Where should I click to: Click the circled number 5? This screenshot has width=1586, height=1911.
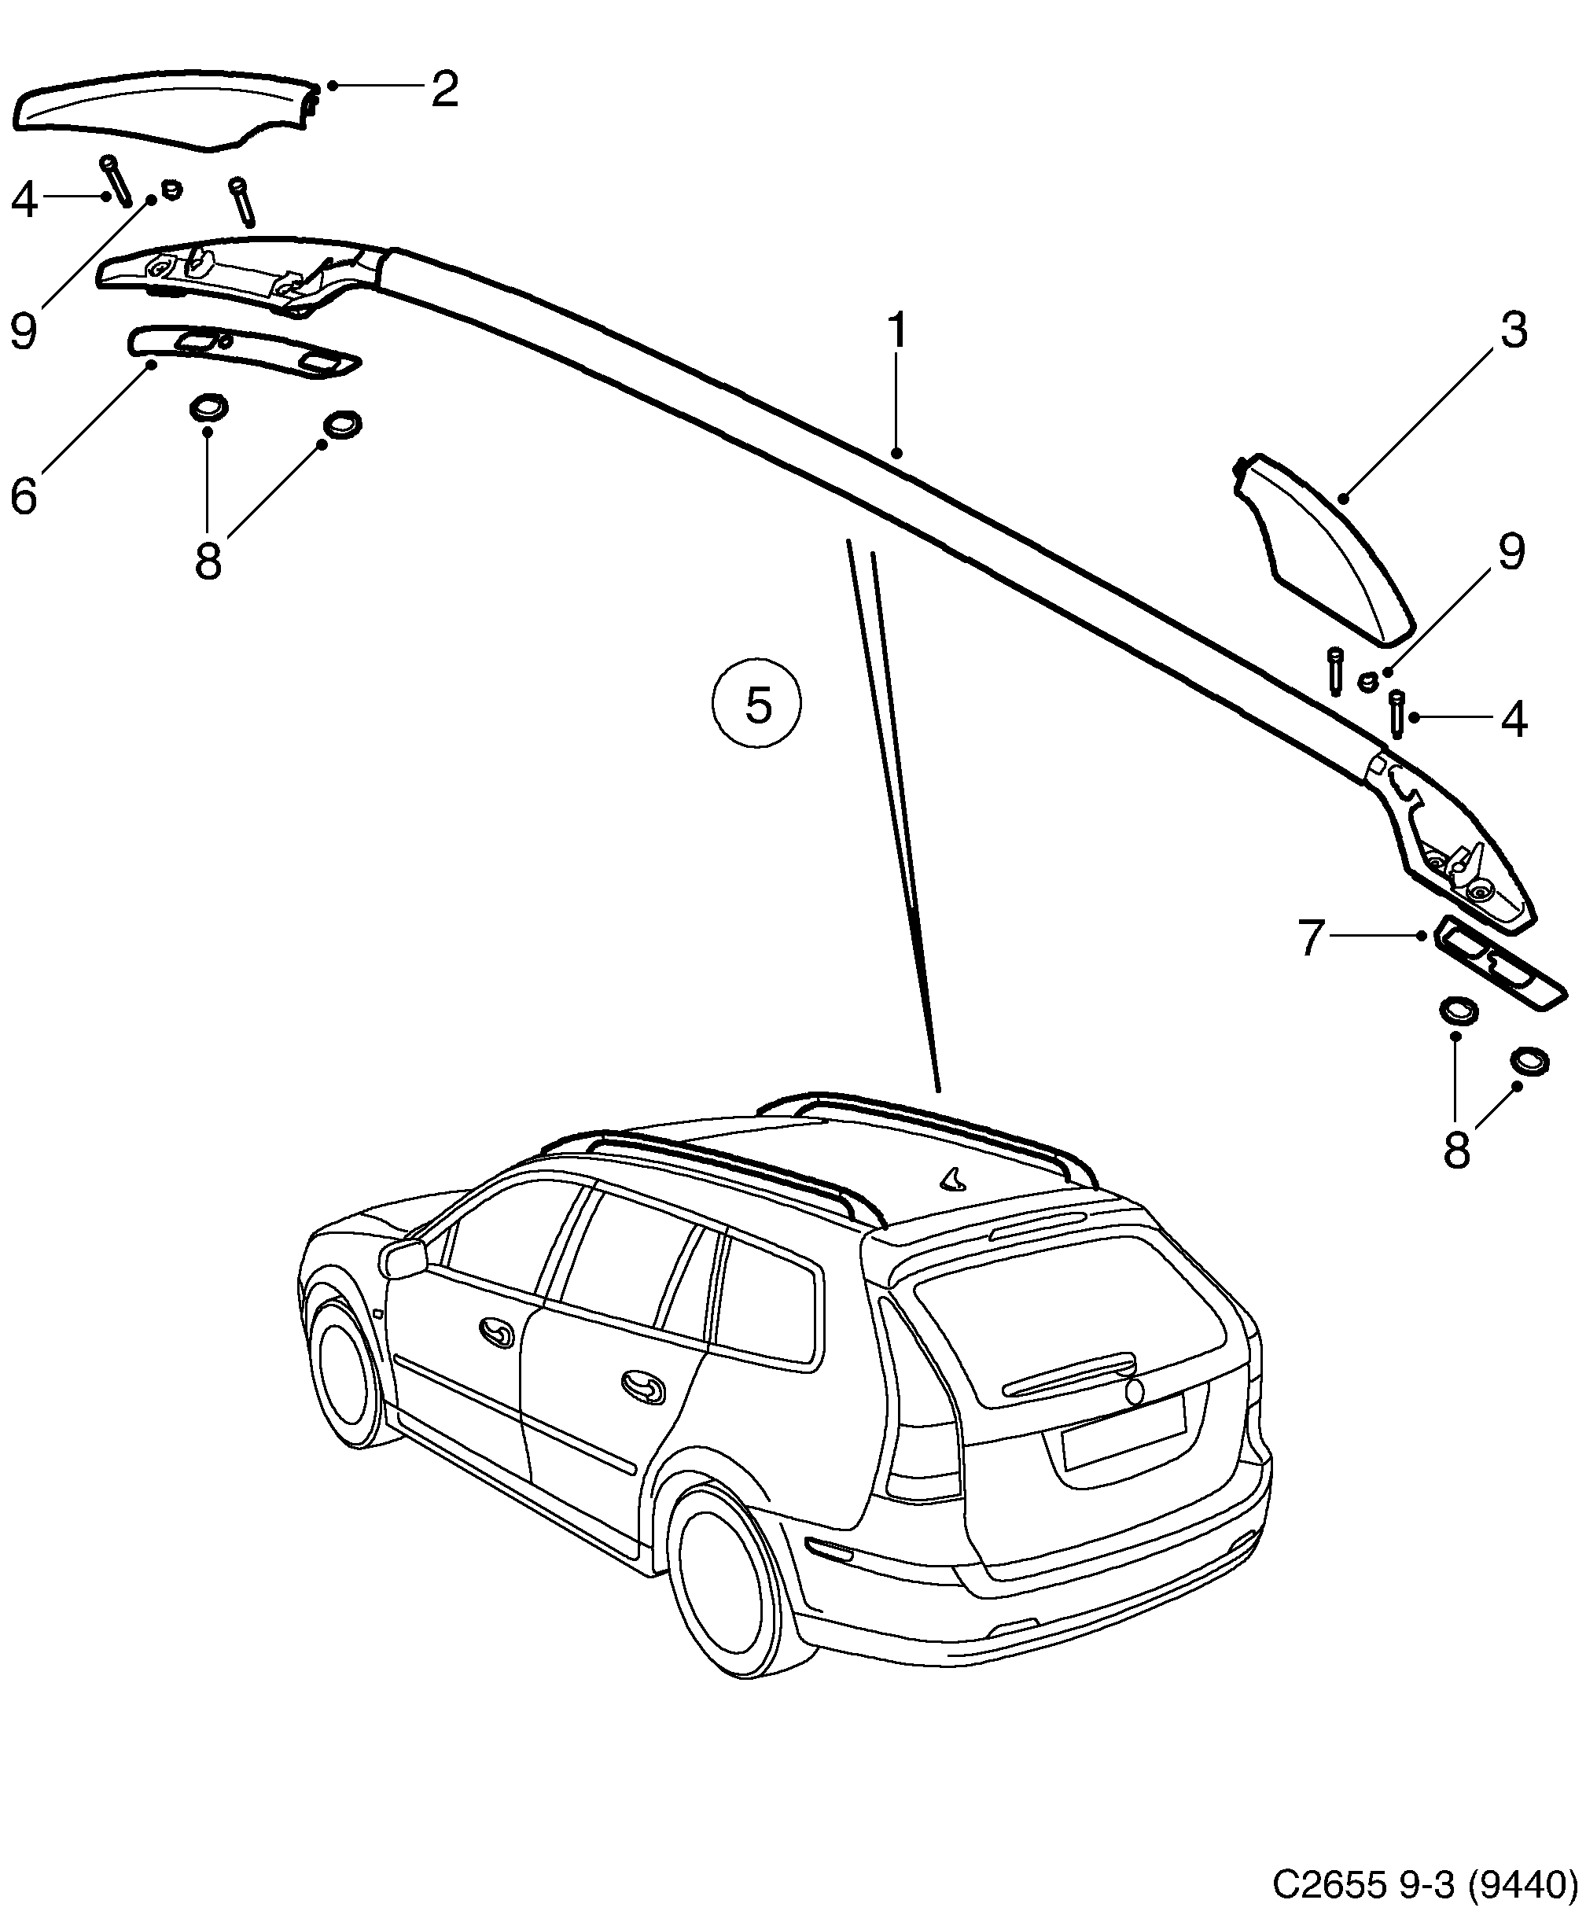click(x=757, y=705)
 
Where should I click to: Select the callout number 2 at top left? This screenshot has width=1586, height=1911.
click(x=444, y=89)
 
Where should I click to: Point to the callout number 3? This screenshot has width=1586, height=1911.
click(x=1512, y=330)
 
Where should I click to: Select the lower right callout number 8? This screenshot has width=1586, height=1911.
click(x=1456, y=1151)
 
